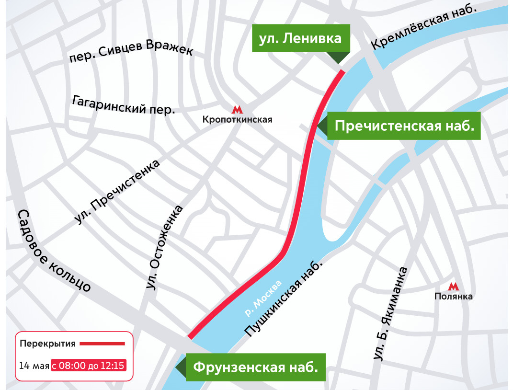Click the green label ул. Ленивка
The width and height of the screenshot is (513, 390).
[300, 38]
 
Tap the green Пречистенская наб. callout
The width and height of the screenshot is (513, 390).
[404, 126]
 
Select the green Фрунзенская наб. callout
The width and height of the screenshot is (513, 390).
[255, 367]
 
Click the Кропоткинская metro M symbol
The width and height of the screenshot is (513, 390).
[237, 110]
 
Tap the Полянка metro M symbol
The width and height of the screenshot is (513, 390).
[453, 287]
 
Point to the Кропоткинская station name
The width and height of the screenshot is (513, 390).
[237, 120]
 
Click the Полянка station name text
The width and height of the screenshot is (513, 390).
[453, 297]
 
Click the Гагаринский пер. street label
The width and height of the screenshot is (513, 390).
[123, 104]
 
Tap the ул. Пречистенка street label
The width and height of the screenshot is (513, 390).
[117, 192]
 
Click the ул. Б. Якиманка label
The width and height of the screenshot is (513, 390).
[390, 314]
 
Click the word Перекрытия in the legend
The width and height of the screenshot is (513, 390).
[47, 344]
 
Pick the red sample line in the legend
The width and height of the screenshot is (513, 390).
[102, 344]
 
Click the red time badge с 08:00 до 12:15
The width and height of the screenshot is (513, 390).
[89, 366]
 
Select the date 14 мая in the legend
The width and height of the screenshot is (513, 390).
[34, 366]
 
